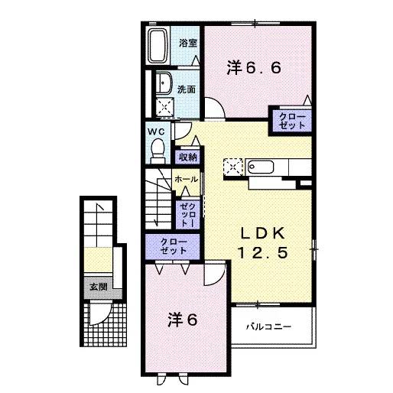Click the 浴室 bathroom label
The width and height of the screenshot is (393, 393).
188,43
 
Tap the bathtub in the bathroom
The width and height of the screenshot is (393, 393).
158,46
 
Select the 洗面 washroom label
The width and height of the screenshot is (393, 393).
187,89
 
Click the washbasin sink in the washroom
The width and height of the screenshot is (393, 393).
164,83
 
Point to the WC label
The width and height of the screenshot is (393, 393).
156,132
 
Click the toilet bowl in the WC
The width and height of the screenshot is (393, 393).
158,151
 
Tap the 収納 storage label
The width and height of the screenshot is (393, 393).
188,157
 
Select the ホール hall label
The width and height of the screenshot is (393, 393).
187,180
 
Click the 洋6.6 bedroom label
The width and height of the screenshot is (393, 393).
254,68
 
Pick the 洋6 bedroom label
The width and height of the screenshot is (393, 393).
183,320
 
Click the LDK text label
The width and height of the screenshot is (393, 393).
263,233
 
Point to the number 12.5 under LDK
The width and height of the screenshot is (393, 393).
263,252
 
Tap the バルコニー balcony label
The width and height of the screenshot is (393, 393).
268,326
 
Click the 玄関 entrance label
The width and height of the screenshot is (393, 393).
99,287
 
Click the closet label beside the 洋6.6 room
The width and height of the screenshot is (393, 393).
292,121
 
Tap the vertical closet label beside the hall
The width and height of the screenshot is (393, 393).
188,215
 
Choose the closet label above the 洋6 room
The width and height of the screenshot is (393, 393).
174,246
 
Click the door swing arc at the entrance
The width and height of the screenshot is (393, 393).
105,317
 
